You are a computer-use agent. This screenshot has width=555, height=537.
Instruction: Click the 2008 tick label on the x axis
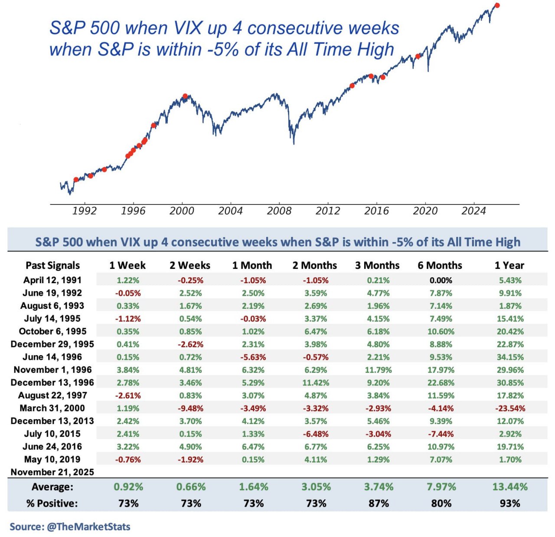tap(279, 211)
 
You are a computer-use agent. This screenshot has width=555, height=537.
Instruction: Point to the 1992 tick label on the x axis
tap(84, 211)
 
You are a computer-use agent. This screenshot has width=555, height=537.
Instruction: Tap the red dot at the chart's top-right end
tap(497, 5)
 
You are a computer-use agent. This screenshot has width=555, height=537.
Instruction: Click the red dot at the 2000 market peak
tap(185, 96)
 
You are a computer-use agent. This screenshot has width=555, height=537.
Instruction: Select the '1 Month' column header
tap(252, 265)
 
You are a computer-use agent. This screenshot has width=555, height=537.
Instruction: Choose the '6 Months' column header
tap(440, 265)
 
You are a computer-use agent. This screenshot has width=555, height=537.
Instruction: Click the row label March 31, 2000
tap(52, 408)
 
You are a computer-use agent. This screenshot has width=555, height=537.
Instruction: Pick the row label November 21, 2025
tap(52, 472)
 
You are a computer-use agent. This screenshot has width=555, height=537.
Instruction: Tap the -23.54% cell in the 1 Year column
tap(510, 408)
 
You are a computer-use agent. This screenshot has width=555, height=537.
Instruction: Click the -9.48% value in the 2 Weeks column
tap(191, 408)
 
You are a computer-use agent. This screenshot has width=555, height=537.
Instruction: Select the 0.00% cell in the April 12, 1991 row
tap(441, 281)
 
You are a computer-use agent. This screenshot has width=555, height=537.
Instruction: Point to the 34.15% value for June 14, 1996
tap(510, 357)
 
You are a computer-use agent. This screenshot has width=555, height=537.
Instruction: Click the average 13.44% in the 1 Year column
tap(510, 487)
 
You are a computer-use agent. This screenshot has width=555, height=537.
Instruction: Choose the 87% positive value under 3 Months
tap(379, 504)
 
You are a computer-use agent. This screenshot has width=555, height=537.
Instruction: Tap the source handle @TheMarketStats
tap(88, 527)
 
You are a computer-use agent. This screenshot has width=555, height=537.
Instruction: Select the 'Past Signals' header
tap(52, 265)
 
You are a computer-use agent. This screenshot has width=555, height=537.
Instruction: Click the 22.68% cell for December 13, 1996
tap(441, 383)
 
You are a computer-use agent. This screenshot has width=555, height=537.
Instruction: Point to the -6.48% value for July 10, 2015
tap(316, 434)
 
